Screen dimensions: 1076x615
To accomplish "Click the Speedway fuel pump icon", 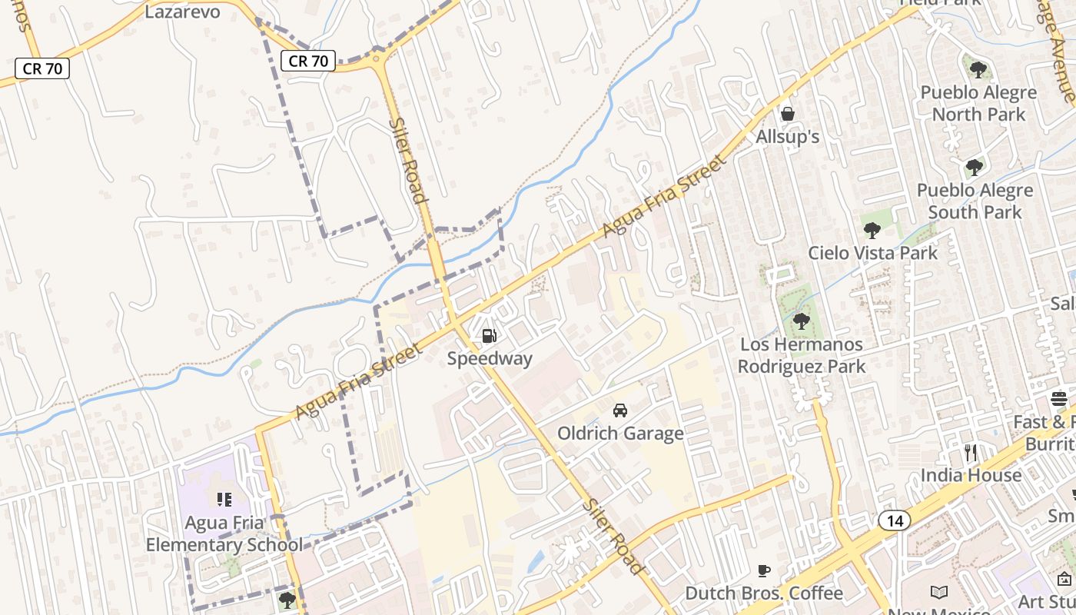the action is point(489,335).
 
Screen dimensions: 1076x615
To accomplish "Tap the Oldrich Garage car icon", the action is point(620,410).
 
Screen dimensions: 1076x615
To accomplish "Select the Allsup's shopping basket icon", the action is point(788,115).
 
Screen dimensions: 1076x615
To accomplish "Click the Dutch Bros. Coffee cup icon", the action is point(763,570).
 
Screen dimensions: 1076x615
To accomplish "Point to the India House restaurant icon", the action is point(971,452).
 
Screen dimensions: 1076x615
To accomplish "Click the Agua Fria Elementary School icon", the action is point(224,500).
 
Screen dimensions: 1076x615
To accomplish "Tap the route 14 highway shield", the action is point(895,520).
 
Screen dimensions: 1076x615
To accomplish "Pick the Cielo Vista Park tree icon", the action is point(872,230).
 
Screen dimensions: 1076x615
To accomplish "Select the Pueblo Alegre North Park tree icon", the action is point(978,70).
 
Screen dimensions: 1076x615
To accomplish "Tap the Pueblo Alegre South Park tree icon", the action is point(975,167).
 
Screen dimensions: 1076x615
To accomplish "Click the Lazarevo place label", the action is point(182,12).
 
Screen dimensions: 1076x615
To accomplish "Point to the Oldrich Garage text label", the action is point(620,434).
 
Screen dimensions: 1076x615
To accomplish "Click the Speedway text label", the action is point(490,359).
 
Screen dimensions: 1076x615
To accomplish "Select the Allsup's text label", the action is point(788,137).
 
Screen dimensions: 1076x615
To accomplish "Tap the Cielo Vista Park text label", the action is point(872,253).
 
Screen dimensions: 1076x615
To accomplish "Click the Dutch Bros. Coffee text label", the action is point(763,593).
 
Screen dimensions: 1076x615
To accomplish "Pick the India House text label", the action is point(971,475).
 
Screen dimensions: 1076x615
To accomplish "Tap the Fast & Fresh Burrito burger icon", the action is point(1059,399).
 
